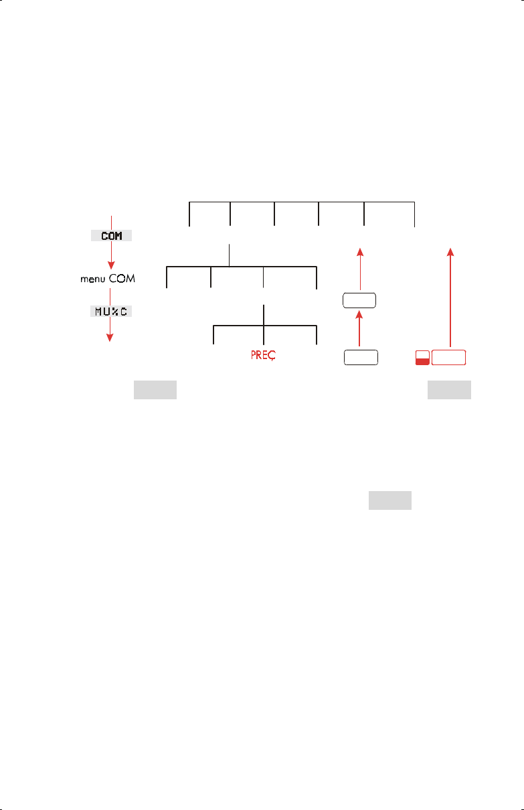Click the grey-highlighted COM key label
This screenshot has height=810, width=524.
pos(112,236)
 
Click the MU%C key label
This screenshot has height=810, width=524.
pos(112,312)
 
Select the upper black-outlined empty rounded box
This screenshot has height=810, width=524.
pos(360,300)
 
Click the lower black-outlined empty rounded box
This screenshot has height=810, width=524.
pos(360,356)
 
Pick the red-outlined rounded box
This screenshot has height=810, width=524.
pos(449,357)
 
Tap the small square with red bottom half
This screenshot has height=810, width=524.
pos(422,357)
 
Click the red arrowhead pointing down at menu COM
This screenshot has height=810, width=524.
pos(112,263)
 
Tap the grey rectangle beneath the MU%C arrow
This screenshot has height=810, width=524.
pos(155,391)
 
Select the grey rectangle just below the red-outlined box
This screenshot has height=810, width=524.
pos(450,391)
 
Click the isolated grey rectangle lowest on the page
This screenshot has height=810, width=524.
pos(389,501)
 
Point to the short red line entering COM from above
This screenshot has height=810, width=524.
pos(112,222)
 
